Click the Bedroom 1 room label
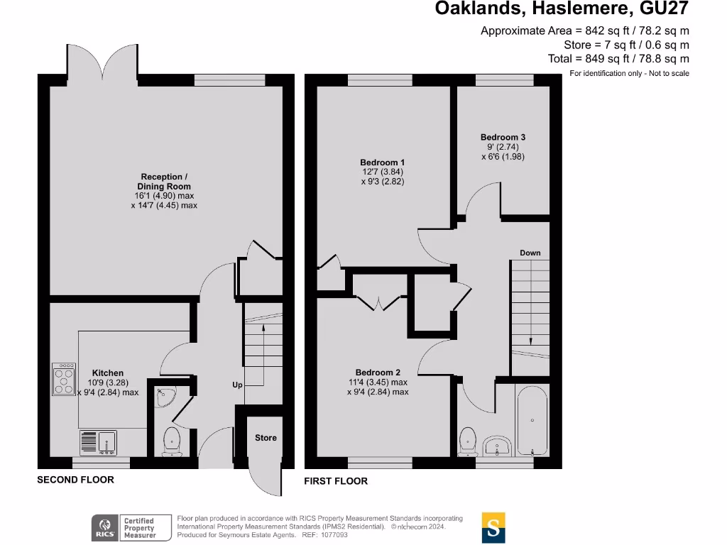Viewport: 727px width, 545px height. [x=383, y=163]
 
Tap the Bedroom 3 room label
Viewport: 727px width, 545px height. [x=503, y=137]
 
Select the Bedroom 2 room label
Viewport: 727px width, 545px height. [x=378, y=373]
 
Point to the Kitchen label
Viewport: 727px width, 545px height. [x=108, y=373]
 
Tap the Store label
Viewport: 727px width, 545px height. [x=266, y=438]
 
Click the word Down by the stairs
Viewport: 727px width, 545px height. [x=530, y=253]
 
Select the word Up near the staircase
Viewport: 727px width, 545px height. [x=238, y=385]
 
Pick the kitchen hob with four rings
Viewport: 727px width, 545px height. [x=64, y=379]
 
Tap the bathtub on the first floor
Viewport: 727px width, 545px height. [x=532, y=421]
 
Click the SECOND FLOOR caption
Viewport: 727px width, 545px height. [x=75, y=480]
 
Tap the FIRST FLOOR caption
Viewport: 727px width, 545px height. [x=336, y=481]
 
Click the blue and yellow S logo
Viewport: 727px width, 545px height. [x=493, y=527]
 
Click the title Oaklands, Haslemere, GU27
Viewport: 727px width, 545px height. [x=562, y=9]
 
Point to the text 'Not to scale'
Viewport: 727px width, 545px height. [x=667, y=73]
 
